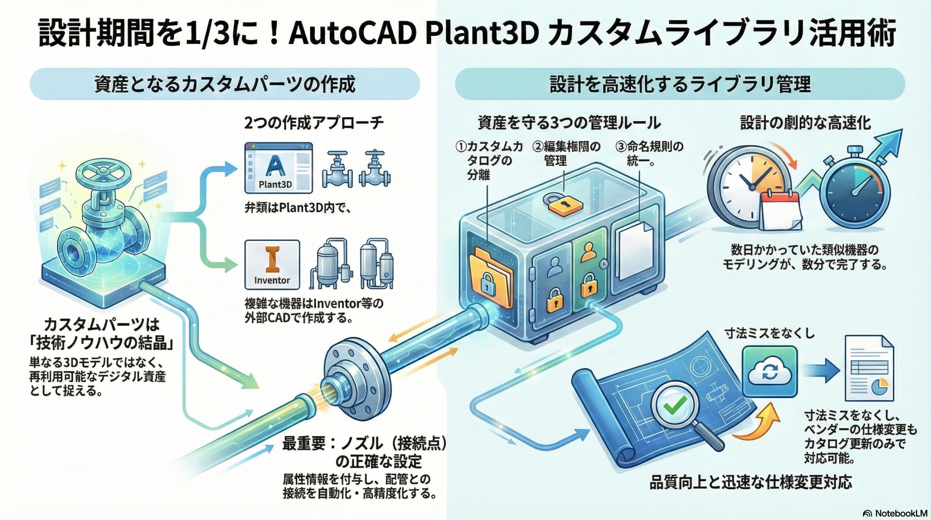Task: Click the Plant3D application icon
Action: coord(278,168)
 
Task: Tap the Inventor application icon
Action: coord(272,265)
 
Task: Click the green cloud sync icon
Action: coord(770,371)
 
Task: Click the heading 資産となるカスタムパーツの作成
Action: coord(225,84)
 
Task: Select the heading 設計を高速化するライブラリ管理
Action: coord(680,84)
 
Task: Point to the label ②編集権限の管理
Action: coord(566,153)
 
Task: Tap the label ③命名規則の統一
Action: coord(649,153)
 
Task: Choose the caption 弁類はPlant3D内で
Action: coord(297,208)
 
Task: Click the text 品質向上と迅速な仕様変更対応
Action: coord(751,482)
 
